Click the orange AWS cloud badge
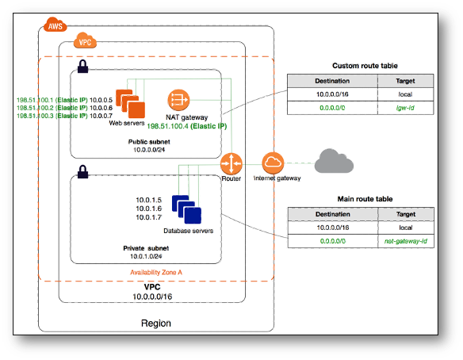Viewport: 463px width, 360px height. (x=55, y=25)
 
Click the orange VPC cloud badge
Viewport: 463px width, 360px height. (x=85, y=40)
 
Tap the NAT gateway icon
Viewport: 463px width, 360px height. (x=178, y=100)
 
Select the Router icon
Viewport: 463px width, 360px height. (x=231, y=163)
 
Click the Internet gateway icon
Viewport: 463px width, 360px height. (x=273, y=163)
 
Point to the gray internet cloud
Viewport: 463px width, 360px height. (x=334, y=161)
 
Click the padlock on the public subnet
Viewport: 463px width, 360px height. (x=82, y=67)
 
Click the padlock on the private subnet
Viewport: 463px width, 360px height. (x=82, y=171)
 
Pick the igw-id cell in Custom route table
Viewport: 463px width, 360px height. (x=405, y=108)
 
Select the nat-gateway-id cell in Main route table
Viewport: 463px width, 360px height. (x=406, y=241)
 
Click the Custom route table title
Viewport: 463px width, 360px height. (x=365, y=66)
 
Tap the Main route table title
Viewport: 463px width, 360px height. (x=365, y=199)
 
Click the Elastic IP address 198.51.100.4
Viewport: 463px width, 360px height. (x=168, y=126)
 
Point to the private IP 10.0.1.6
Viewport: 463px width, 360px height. (x=148, y=209)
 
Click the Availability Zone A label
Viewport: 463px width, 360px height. (x=156, y=272)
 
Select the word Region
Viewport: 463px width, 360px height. (x=156, y=324)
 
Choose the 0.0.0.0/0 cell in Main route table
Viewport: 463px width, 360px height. (x=333, y=241)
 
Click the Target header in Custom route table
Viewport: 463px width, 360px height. (x=405, y=81)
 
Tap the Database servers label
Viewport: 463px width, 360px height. (x=189, y=231)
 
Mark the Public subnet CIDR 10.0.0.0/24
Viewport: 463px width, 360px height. (x=149, y=150)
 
